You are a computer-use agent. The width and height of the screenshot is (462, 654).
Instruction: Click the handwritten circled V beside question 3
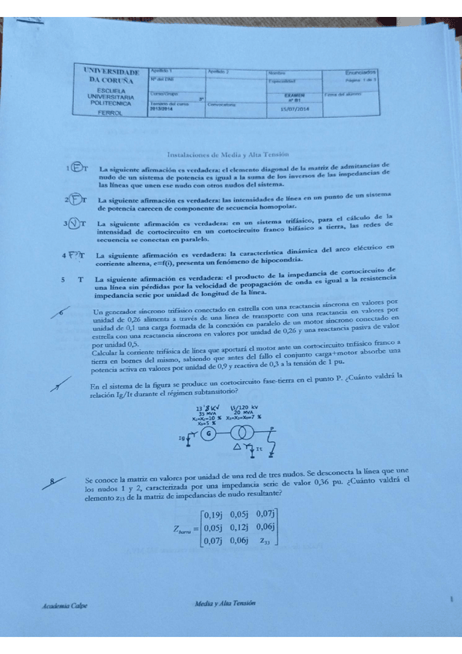coord(75,224)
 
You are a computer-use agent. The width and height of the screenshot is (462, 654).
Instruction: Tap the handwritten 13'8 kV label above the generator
coord(207,406)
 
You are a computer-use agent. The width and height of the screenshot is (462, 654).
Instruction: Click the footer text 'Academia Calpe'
coord(65,606)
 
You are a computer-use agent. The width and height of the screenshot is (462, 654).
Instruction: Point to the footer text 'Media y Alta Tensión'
coord(226,605)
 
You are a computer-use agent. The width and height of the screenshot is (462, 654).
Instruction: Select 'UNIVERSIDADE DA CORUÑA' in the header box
coord(112,75)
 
